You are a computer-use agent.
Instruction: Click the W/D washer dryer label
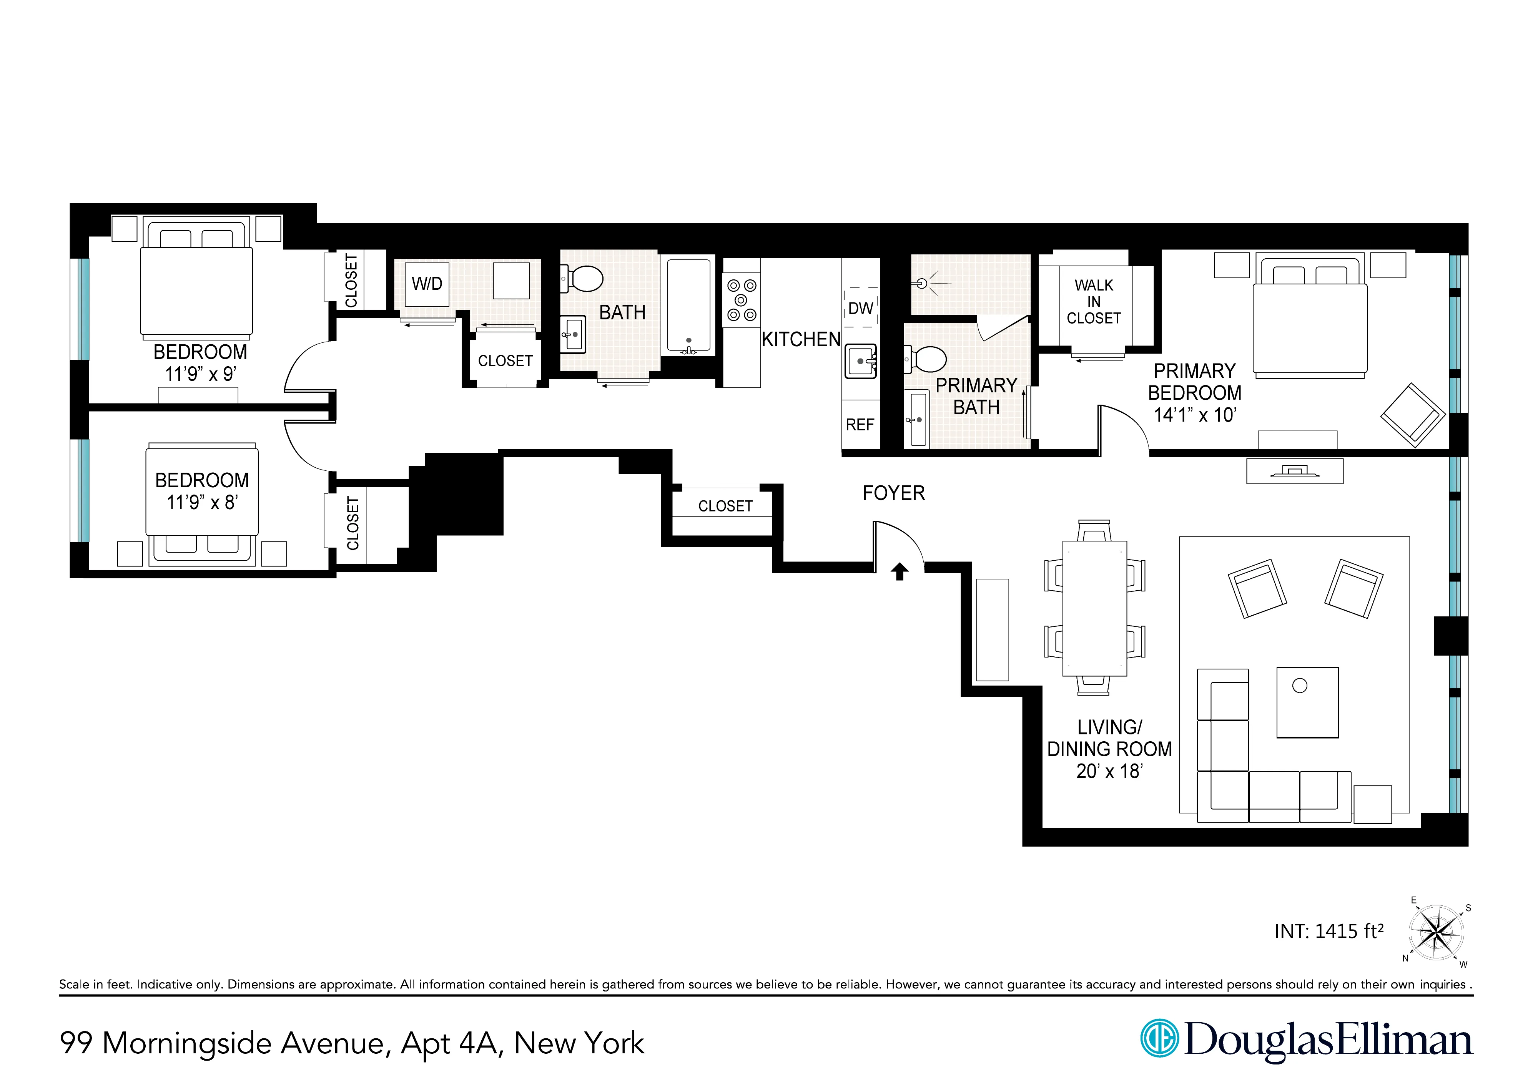(x=427, y=284)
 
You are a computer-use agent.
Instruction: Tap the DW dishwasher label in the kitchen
(x=860, y=309)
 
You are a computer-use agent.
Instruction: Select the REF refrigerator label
(x=860, y=425)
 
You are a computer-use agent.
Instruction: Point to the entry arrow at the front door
(x=899, y=571)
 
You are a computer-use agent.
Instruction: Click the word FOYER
(x=893, y=493)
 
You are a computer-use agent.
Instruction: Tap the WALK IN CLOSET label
(x=1093, y=302)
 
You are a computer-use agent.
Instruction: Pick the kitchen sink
(x=860, y=362)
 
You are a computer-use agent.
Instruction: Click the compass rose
(x=1435, y=932)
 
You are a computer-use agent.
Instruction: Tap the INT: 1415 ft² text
(x=1328, y=932)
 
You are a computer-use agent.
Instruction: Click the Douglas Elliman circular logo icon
(x=1159, y=1038)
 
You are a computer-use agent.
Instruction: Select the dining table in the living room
(x=1094, y=608)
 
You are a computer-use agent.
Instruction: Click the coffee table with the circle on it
(x=1307, y=702)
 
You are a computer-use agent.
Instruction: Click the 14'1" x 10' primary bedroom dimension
(x=1194, y=415)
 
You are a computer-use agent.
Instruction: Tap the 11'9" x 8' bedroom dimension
(x=202, y=502)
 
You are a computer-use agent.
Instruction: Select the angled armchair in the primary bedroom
(x=1413, y=415)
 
